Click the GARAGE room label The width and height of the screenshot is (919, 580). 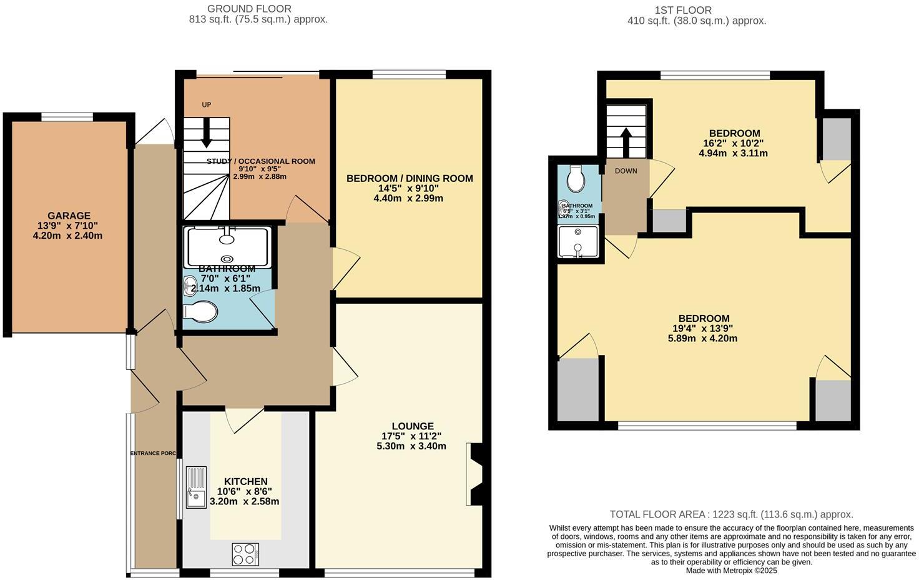pyautogui.click(x=69, y=216)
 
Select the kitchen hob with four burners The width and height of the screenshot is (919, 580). pyautogui.click(x=245, y=554)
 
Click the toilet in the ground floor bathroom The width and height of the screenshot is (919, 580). pyautogui.click(x=201, y=312)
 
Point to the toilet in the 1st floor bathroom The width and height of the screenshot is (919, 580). pyautogui.click(x=576, y=179)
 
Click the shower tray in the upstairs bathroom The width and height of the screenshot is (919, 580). pyautogui.click(x=577, y=241)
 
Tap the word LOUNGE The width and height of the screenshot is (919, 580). pyautogui.click(x=412, y=426)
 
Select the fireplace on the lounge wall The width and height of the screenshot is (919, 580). pyautogui.click(x=473, y=474)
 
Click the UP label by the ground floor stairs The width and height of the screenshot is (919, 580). pyautogui.click(x=207, y=104)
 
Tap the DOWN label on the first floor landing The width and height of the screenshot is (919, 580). pyautogui.click(x=626, y=171)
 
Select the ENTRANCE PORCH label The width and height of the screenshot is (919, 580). pyautogui.click(x=153, y=453)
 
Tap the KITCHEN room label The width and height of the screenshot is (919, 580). pyautogui.click(x=245, y=481)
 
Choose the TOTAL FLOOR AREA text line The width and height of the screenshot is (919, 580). pyautogui.click(x=731, y=514)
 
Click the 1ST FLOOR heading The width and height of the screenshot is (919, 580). pyautogui.click(x=683, y=10)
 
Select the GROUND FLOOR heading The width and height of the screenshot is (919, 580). pyautogui.click(x=249, y=9)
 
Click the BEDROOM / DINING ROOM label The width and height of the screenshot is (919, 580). pyautogui.click(x=410, y=178)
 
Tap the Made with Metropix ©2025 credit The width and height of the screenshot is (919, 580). pyautogui.click(x=731, y=571)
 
